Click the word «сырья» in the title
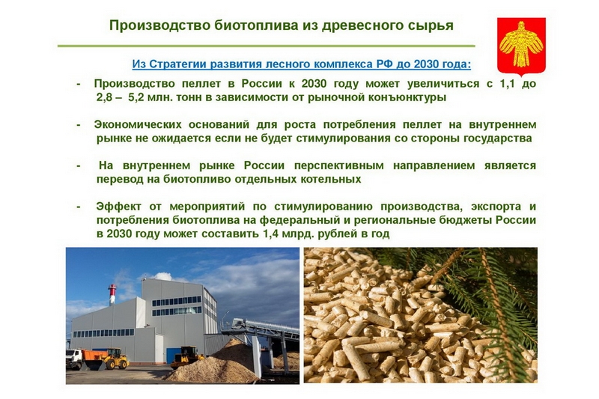click(x=430, y=25)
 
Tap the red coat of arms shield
click(x=521, y=46)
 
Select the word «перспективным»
click(x=339, y=165)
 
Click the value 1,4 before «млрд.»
click(x=270, y=234)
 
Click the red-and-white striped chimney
click(x=112, y=294)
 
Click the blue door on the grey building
click(x=174, y=355)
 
